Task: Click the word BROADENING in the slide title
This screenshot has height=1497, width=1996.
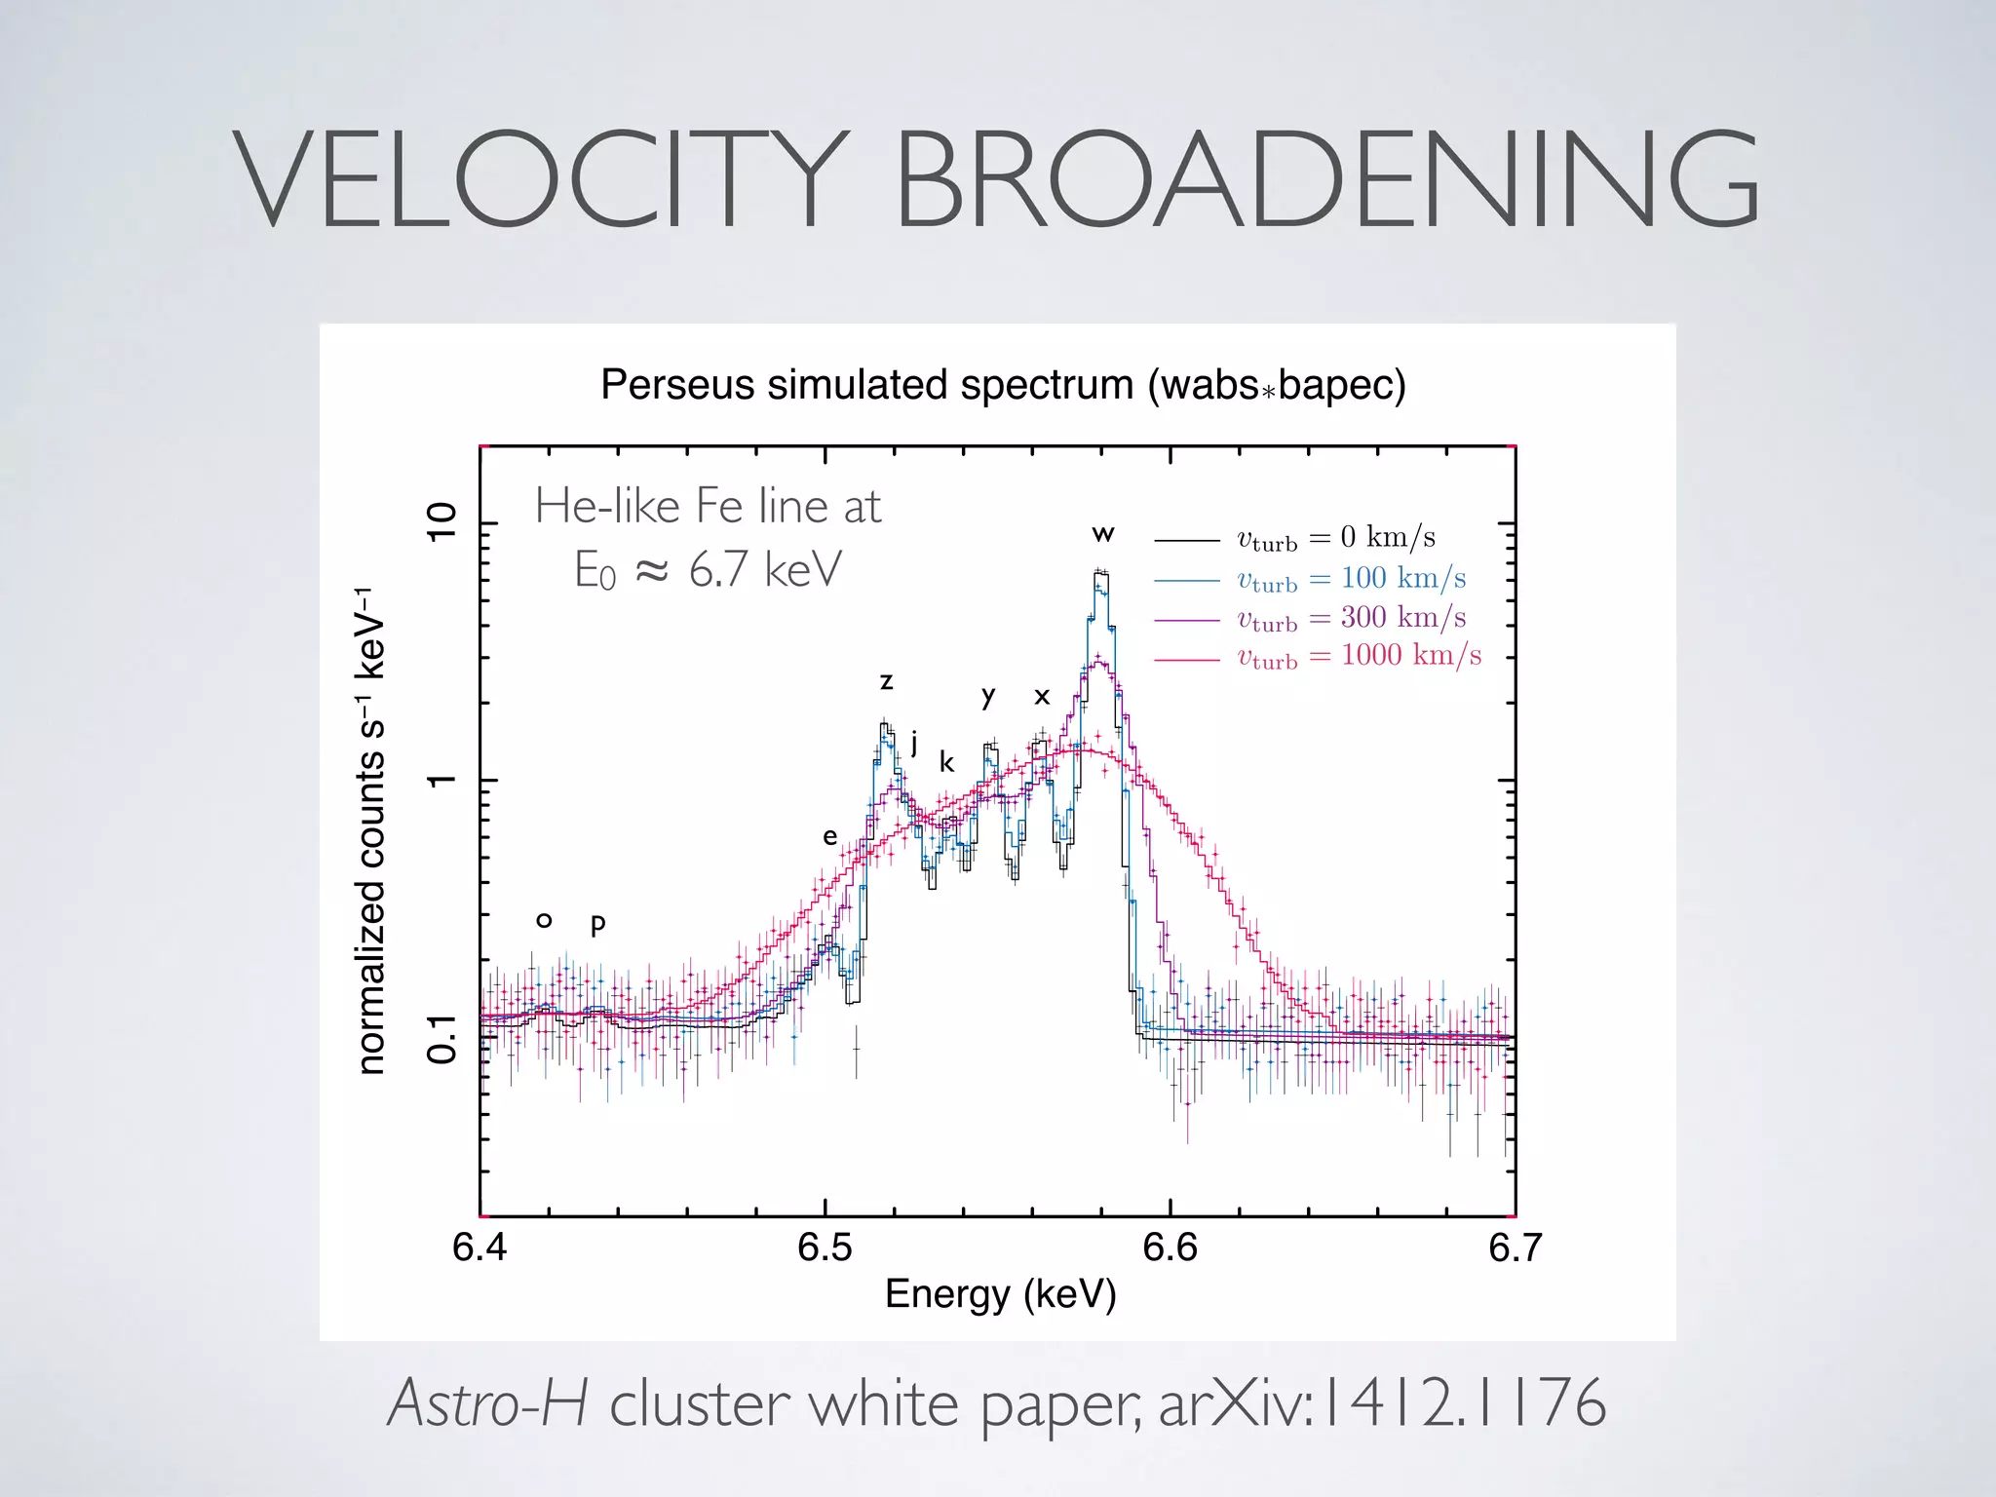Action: click(x=1325, y=182)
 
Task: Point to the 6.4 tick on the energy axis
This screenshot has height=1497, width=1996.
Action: click(x=480, y=1248)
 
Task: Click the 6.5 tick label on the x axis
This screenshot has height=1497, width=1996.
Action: click(x=825, y=1248)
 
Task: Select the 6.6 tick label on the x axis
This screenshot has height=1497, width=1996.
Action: click(x=1170, y=1248)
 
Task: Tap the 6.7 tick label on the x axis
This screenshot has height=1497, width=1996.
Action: click(x=1515, y=1248)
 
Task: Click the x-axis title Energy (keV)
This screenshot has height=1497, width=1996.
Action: click(x=1000, y=1294)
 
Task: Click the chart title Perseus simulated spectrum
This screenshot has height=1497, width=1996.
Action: click(x=1003, y=385)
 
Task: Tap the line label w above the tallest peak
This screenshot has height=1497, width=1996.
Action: click(x=1102, y=534)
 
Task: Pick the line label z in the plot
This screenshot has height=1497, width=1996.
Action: click(x=886, y=681)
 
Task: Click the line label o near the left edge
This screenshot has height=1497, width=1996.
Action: click(x=544, y=920)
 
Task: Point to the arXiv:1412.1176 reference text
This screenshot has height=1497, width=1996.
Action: click(x=1382, y=1404)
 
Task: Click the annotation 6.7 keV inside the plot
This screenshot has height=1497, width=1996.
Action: click(x=764, y=570)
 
